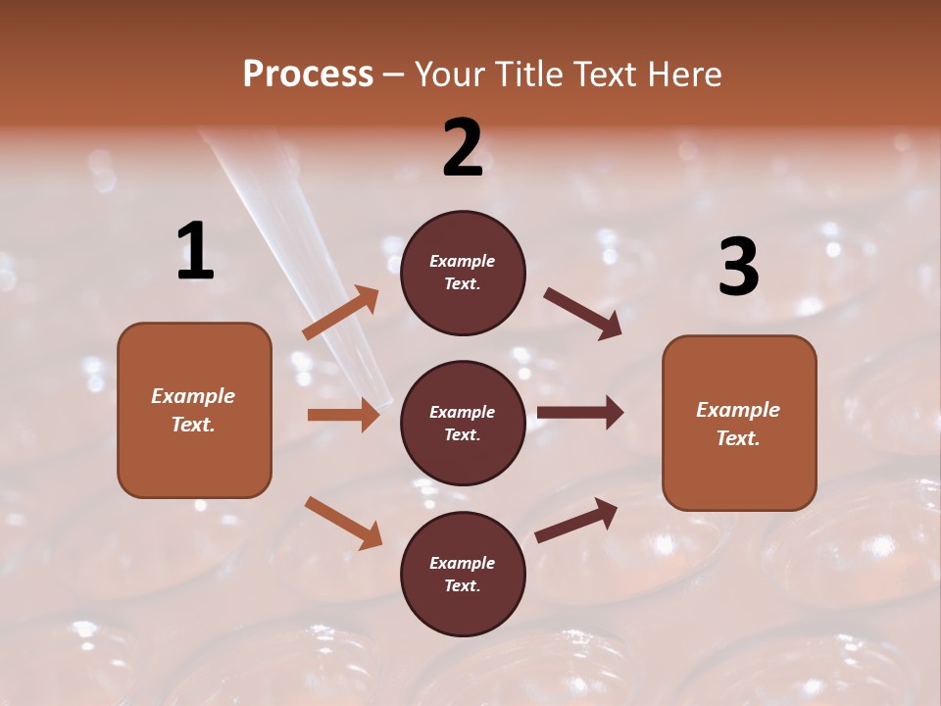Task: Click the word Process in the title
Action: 308,75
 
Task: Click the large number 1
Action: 195,252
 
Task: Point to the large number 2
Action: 463,148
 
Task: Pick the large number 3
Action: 738,267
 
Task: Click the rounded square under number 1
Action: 194,410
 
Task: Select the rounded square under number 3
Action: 739,423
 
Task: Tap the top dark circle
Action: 463,273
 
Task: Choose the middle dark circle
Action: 463,423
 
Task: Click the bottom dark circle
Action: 463,574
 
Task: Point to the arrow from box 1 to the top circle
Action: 341,312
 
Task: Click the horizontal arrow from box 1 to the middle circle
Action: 343,415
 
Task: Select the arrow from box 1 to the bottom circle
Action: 343,522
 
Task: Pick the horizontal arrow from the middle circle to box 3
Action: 579,413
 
